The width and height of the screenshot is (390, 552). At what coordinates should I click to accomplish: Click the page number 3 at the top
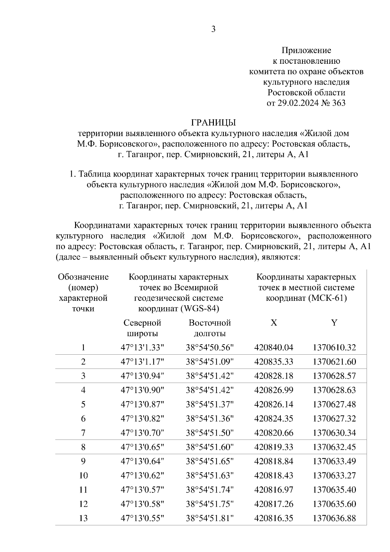[213, 29]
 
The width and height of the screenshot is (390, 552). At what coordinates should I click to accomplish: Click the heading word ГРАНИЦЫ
[213, 123]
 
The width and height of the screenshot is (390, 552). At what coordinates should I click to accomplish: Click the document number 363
[339, 103]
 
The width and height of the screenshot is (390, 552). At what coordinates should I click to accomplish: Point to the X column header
[274, 322]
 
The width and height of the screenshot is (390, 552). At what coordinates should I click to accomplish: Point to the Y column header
[334, 322]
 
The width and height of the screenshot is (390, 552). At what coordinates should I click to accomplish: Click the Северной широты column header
[142, 328]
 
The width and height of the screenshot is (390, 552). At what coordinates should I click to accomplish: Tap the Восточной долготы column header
[210, 328]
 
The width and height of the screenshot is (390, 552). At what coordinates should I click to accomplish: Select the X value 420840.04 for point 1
[274, 348]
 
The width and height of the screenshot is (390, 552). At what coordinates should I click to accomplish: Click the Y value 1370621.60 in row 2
[334, 361]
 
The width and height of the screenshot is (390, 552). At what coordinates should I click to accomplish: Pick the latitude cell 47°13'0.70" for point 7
[142, 433]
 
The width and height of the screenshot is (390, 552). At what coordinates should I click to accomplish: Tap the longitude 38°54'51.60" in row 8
[210, 447]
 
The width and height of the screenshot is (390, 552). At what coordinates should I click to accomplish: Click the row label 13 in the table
[83, 518]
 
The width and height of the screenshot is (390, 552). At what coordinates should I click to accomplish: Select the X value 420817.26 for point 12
[274, 504]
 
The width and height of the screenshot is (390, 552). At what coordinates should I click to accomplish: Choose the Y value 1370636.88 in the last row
[334, 518]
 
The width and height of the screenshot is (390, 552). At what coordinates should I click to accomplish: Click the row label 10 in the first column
[83, 475]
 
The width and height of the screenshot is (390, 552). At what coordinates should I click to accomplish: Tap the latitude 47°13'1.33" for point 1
[142, 348]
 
